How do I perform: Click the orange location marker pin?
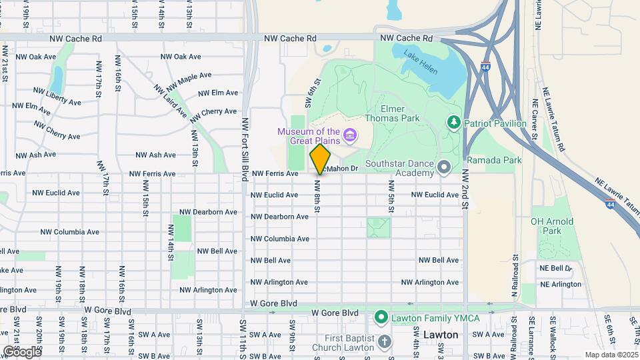320,159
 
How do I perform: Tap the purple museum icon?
349,138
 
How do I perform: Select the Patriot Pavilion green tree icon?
454,121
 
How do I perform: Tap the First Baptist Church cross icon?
384,342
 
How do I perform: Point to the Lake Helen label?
421,62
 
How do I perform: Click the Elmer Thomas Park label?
400,113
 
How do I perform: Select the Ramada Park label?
493,160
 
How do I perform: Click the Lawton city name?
441,335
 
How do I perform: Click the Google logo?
21,351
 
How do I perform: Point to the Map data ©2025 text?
611,354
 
